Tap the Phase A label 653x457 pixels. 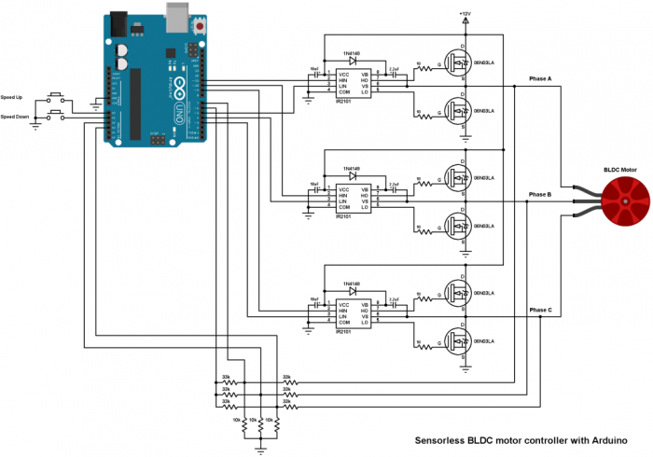point(540,79)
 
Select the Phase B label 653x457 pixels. point(540,194)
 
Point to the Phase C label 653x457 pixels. point(540,309)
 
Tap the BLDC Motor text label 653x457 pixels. point(618,171)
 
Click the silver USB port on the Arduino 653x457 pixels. point(176,12)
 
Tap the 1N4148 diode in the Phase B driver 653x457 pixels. point(353,175)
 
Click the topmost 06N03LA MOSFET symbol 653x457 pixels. point(458,62)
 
